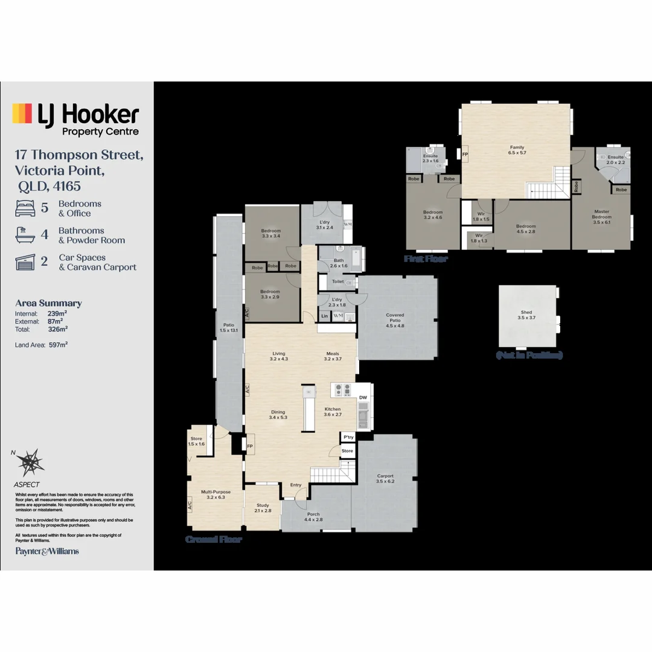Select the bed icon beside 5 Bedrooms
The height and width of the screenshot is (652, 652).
[x=25, y=208]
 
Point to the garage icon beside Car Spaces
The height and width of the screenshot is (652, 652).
[x=25, y=262]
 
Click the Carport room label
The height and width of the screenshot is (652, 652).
[x=385, y=479]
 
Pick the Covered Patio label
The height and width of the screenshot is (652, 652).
[x=395, y=320]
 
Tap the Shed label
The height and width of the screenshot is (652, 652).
[x=526, y=315]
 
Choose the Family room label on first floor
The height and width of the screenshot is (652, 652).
[x=517, y=150]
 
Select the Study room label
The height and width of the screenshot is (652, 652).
[x=263, y=508]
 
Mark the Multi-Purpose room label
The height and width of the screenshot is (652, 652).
[x=216, y=494]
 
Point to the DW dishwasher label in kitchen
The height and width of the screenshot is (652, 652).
[x=363, y=397]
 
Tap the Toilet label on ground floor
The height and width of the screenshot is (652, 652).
[x=337, y=281]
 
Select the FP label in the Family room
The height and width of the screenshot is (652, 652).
[x=465, y=155]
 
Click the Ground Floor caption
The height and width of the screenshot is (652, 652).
[x=213, y=539]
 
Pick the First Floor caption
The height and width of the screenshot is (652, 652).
[x=426, y=258]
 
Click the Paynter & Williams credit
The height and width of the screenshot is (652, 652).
[x=46, y=551]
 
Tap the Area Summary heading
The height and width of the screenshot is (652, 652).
[x=48, y=303]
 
